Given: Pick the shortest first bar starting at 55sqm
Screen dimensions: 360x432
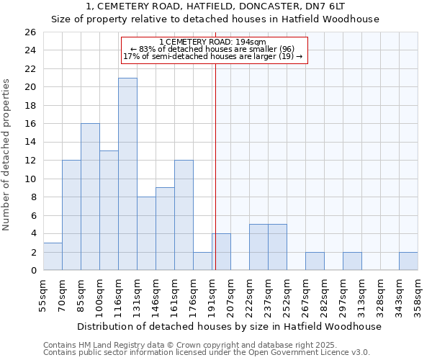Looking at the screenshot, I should coord(53,256).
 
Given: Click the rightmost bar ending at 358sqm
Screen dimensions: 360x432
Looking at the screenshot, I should coord(408,261).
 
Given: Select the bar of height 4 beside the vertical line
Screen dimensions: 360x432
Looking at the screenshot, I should coord(221,252).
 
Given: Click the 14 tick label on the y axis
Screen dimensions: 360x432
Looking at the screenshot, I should coord(30,143).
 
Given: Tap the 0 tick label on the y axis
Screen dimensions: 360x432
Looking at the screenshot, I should coord(32,271).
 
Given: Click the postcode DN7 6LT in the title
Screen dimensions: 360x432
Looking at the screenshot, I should coord(330,6).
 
